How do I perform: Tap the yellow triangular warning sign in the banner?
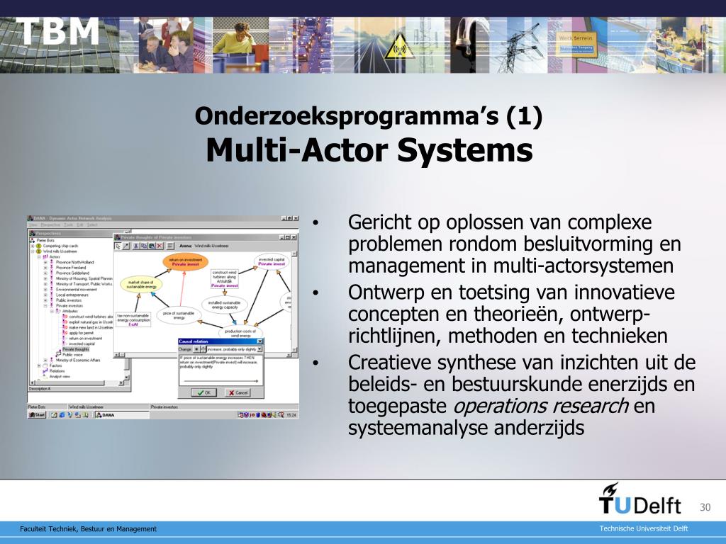(398, 48)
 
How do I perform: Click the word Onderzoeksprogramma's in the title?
(347, 116)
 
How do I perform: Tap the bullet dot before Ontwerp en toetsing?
(315, 292)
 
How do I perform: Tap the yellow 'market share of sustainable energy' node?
(142, 284)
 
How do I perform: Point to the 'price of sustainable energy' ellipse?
(179, 314)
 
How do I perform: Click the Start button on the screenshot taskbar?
(37, 415)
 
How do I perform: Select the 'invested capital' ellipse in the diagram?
(270, 261)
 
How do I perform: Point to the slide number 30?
(705, 507)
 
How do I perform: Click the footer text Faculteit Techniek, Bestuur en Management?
(88, 529)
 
